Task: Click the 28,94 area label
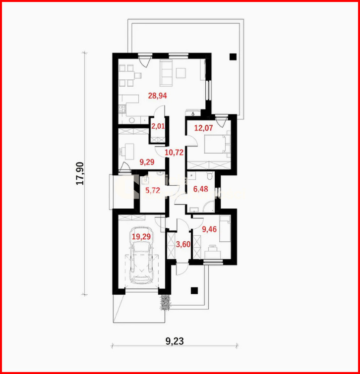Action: point(157,96)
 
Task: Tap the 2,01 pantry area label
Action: point(158,126)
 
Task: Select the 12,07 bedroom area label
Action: point(203,128)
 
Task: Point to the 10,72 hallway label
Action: point(174,153)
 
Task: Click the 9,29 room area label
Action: point(147,162)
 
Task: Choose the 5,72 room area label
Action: point(153,190)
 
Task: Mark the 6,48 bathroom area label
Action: point(200,189)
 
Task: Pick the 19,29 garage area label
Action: point(141,237)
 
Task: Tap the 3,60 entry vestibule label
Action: point(183,244)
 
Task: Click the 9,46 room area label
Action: point(209,229)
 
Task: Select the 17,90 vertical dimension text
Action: point(80,173)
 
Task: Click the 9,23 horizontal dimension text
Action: point(175,341)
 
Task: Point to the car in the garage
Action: point(141,255)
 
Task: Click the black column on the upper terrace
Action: point(233,57)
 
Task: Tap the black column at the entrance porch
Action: point(194,290)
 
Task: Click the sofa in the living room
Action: point(166,73)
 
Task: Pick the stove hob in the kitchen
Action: point(122,109)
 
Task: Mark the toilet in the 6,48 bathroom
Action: point(210,176)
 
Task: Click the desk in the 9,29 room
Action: point(129,152)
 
